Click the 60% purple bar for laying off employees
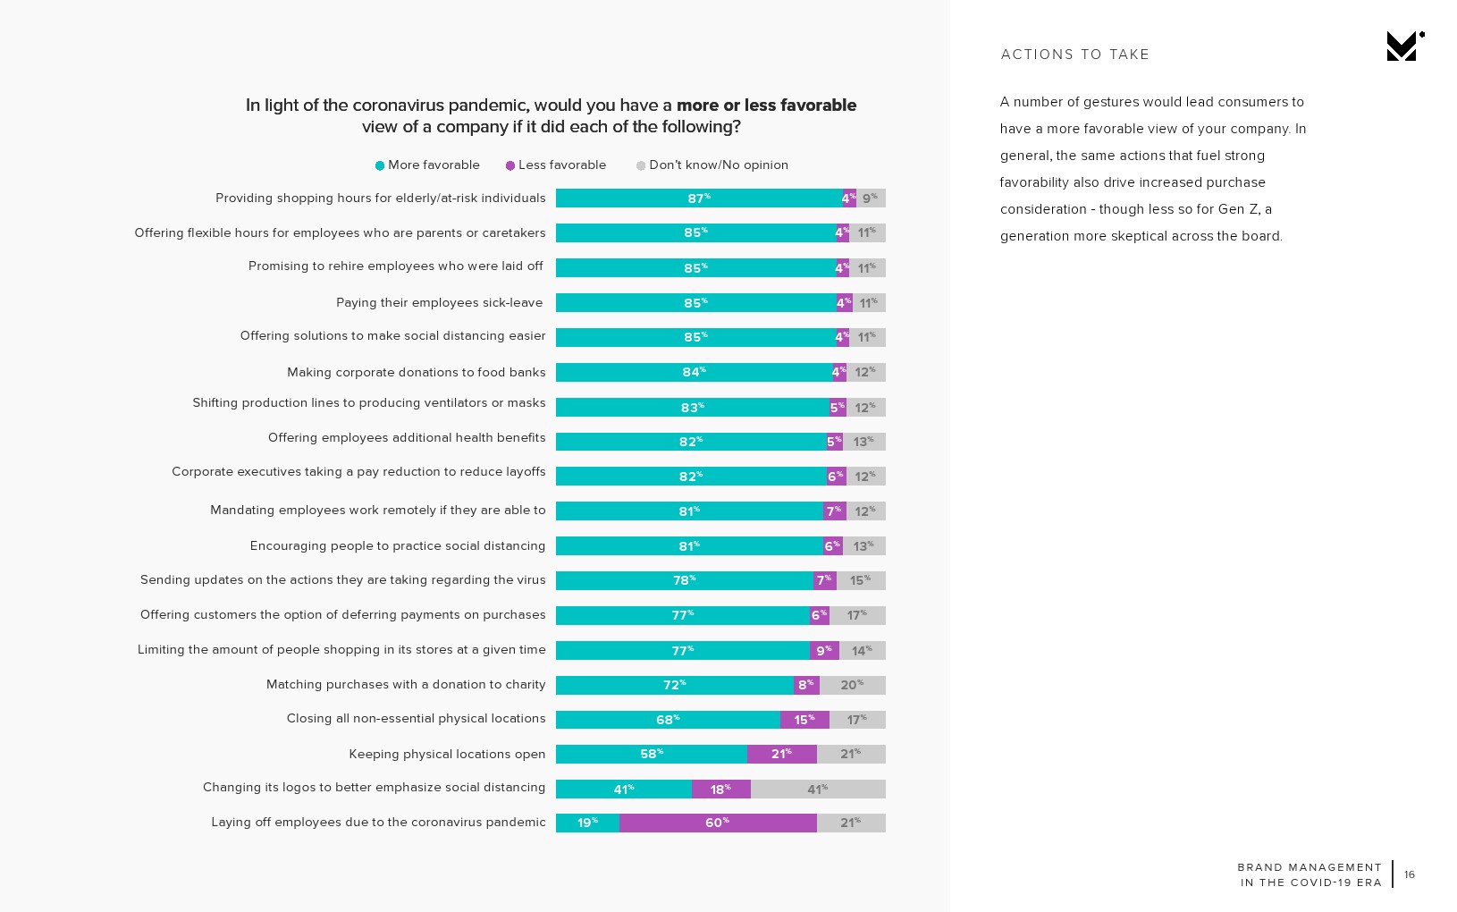[x=718, y=823]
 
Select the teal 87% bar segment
[x=698, y=198]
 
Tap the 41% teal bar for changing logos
[x=623, y=789]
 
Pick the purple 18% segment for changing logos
[x=720, y=789]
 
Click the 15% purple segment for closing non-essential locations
[x=804, y=720]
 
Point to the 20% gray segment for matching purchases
[x=852, y=685]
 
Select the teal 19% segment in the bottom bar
[x=587, y=823]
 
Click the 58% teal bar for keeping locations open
[x=651, y=754]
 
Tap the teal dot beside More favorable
[x=380, y=165]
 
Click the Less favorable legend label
[x=561, y=165]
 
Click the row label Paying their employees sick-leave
[x=439, y=303]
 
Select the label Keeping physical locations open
[x=447, y=754]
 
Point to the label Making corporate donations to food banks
[x=416, y=372]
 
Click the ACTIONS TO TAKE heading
[x=1074, y=55]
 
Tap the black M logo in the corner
[x=1403, y=46]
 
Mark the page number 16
[x=1410, y=874]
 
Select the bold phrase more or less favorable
[x=766, y=106]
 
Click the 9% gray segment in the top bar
[x=870, y=198]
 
